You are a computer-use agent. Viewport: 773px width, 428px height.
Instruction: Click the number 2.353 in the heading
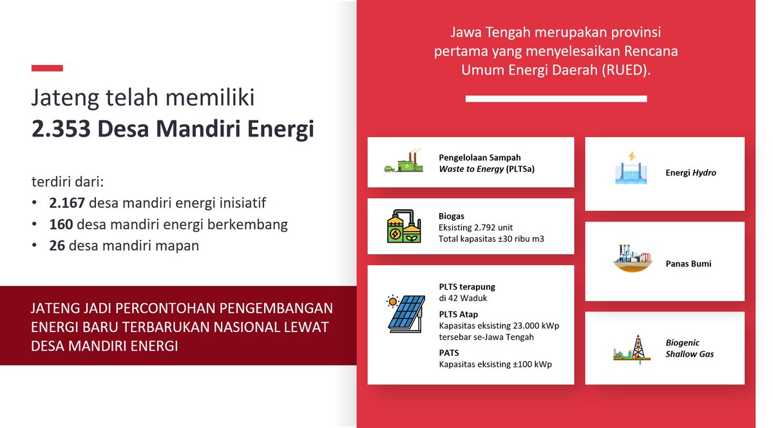pyautogui.click(x=62, y=129)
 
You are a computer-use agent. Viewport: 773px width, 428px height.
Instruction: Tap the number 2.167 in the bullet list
pyautogui.click(x=67, y=203)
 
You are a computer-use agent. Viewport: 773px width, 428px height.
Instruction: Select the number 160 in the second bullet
pyautogui.click(x=61, y=225)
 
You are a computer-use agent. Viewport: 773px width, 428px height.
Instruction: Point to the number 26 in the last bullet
pyautogui.click(x=57, y=245)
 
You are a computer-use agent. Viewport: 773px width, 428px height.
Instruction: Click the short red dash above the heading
pyautogui.click(x=47, y=68)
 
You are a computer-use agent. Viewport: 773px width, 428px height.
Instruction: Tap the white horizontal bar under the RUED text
pyautogui.click(x=556, y=98)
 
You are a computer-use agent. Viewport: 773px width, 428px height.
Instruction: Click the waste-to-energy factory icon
pyautogui.click(x=403, y=162)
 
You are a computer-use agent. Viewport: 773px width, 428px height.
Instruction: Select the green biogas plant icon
pyautogui.click(x=404, y=225)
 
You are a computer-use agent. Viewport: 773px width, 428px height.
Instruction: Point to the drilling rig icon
pyautogui.click(x=634, y=348)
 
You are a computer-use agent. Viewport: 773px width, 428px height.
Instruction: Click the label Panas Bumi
pyautogui.click(x=689, y=264)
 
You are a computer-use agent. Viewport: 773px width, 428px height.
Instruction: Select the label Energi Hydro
pyautogui.click(x=691, y=172)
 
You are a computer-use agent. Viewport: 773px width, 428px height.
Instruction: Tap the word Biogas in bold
pyautogui.click(x=452, y=216)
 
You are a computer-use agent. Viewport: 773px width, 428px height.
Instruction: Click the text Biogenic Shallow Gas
pyautogui.click(x=689, y=348)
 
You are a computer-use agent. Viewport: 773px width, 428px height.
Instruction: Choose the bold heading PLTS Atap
pyautogui.click(x=458, y=315)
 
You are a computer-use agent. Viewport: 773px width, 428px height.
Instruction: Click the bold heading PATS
pyautogui.click(x=450, y=353)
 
